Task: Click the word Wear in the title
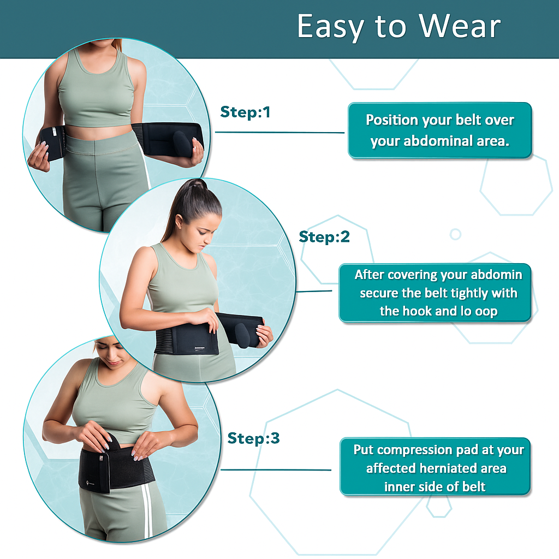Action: click(460, 26)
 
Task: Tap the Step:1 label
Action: click(245, 112)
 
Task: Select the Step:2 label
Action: click(324, 237)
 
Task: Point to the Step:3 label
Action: click(253, 438)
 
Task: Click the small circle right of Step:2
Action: click(455, 234)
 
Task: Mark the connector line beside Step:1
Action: click(280, 132)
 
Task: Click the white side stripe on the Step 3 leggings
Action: click(147, 510)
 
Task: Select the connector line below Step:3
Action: click(276, 469)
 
